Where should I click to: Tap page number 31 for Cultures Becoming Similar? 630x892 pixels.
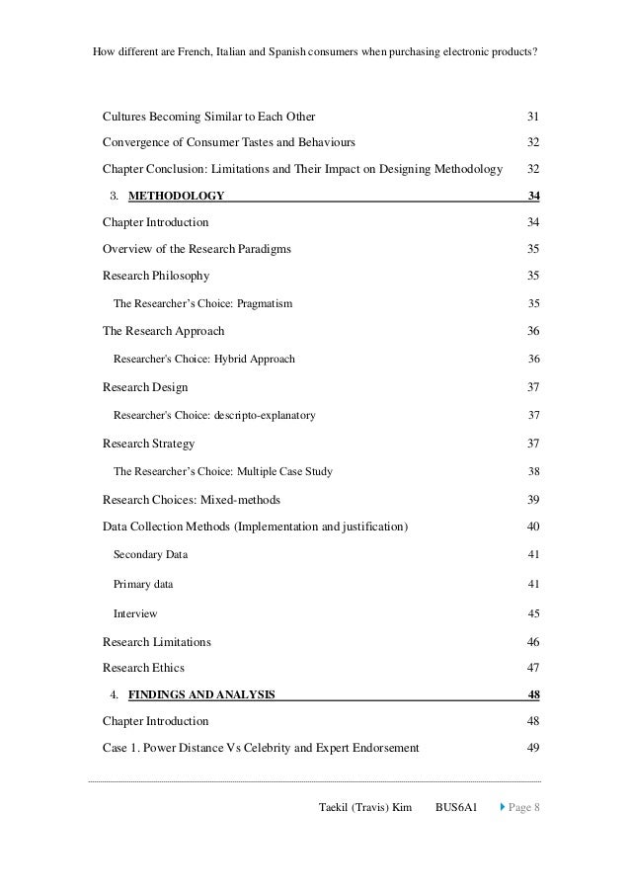click(x=533, y=118)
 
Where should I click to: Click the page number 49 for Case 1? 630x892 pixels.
click(x=533, y=748)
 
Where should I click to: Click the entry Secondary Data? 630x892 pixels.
click(x=150, y=555)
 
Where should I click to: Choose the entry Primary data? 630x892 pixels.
click(x=143, y=585)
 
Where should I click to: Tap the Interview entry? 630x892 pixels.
click(x=135, y=614)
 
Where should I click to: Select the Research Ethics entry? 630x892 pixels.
click(x=143, y=668)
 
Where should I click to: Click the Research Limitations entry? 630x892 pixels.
click(x=156, y=642)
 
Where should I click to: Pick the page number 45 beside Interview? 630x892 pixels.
click(x=533, y=614)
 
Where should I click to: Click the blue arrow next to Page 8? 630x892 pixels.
click(x=500, y=809)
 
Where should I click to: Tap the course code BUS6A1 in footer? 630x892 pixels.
click(x=456, y=809)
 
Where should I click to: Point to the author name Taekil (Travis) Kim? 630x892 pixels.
click(x=364, y=809)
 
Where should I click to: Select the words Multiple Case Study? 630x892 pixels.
click(x=284, y=472)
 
